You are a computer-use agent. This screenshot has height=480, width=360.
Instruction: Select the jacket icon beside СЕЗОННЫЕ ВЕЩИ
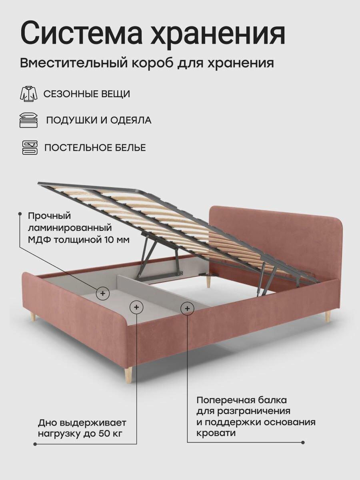(28, 94)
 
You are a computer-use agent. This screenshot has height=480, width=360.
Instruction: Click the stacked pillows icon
(28, 120)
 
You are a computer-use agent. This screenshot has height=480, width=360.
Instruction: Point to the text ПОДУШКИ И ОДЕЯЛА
(99, 120)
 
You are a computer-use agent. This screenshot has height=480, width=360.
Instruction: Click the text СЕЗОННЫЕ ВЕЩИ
(86, 94)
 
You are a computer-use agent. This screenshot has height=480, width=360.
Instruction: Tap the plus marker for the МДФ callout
(103, 293)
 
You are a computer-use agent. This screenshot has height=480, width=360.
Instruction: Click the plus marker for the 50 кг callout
(136, 307)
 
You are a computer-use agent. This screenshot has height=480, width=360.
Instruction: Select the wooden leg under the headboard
(208, 281)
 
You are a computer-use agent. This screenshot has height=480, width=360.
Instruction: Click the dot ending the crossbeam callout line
(303, 442)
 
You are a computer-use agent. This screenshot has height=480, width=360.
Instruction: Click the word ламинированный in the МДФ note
(69, 228)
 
